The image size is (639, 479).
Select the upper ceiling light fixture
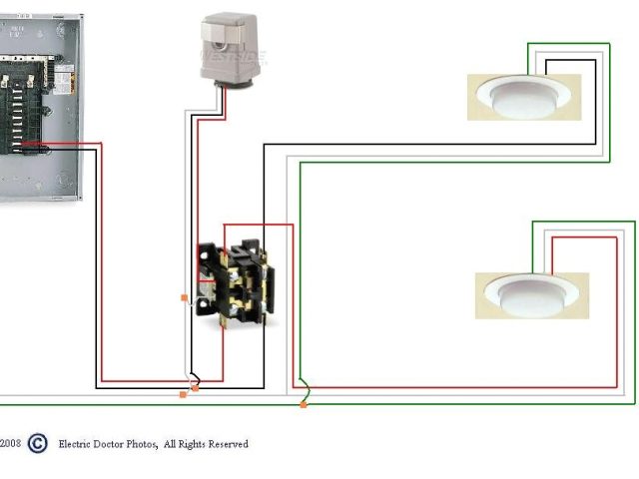(524, 97)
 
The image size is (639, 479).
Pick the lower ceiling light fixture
(531, 295)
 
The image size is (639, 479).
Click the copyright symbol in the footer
(37, 443)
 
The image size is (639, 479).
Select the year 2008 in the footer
(10, 444)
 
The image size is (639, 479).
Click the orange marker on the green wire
(304, 404)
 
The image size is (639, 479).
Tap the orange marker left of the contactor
(184, 297)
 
